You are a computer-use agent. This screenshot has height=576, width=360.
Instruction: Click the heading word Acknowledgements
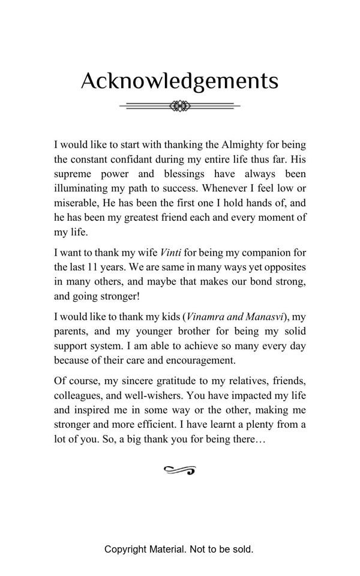(179, 81)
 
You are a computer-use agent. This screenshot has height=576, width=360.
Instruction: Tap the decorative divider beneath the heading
(179, 106)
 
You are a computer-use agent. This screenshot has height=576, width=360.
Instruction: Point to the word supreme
(74, 174)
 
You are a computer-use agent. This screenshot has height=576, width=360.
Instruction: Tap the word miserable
(76, 203)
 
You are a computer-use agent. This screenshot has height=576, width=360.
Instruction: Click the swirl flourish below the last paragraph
(179, 470)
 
